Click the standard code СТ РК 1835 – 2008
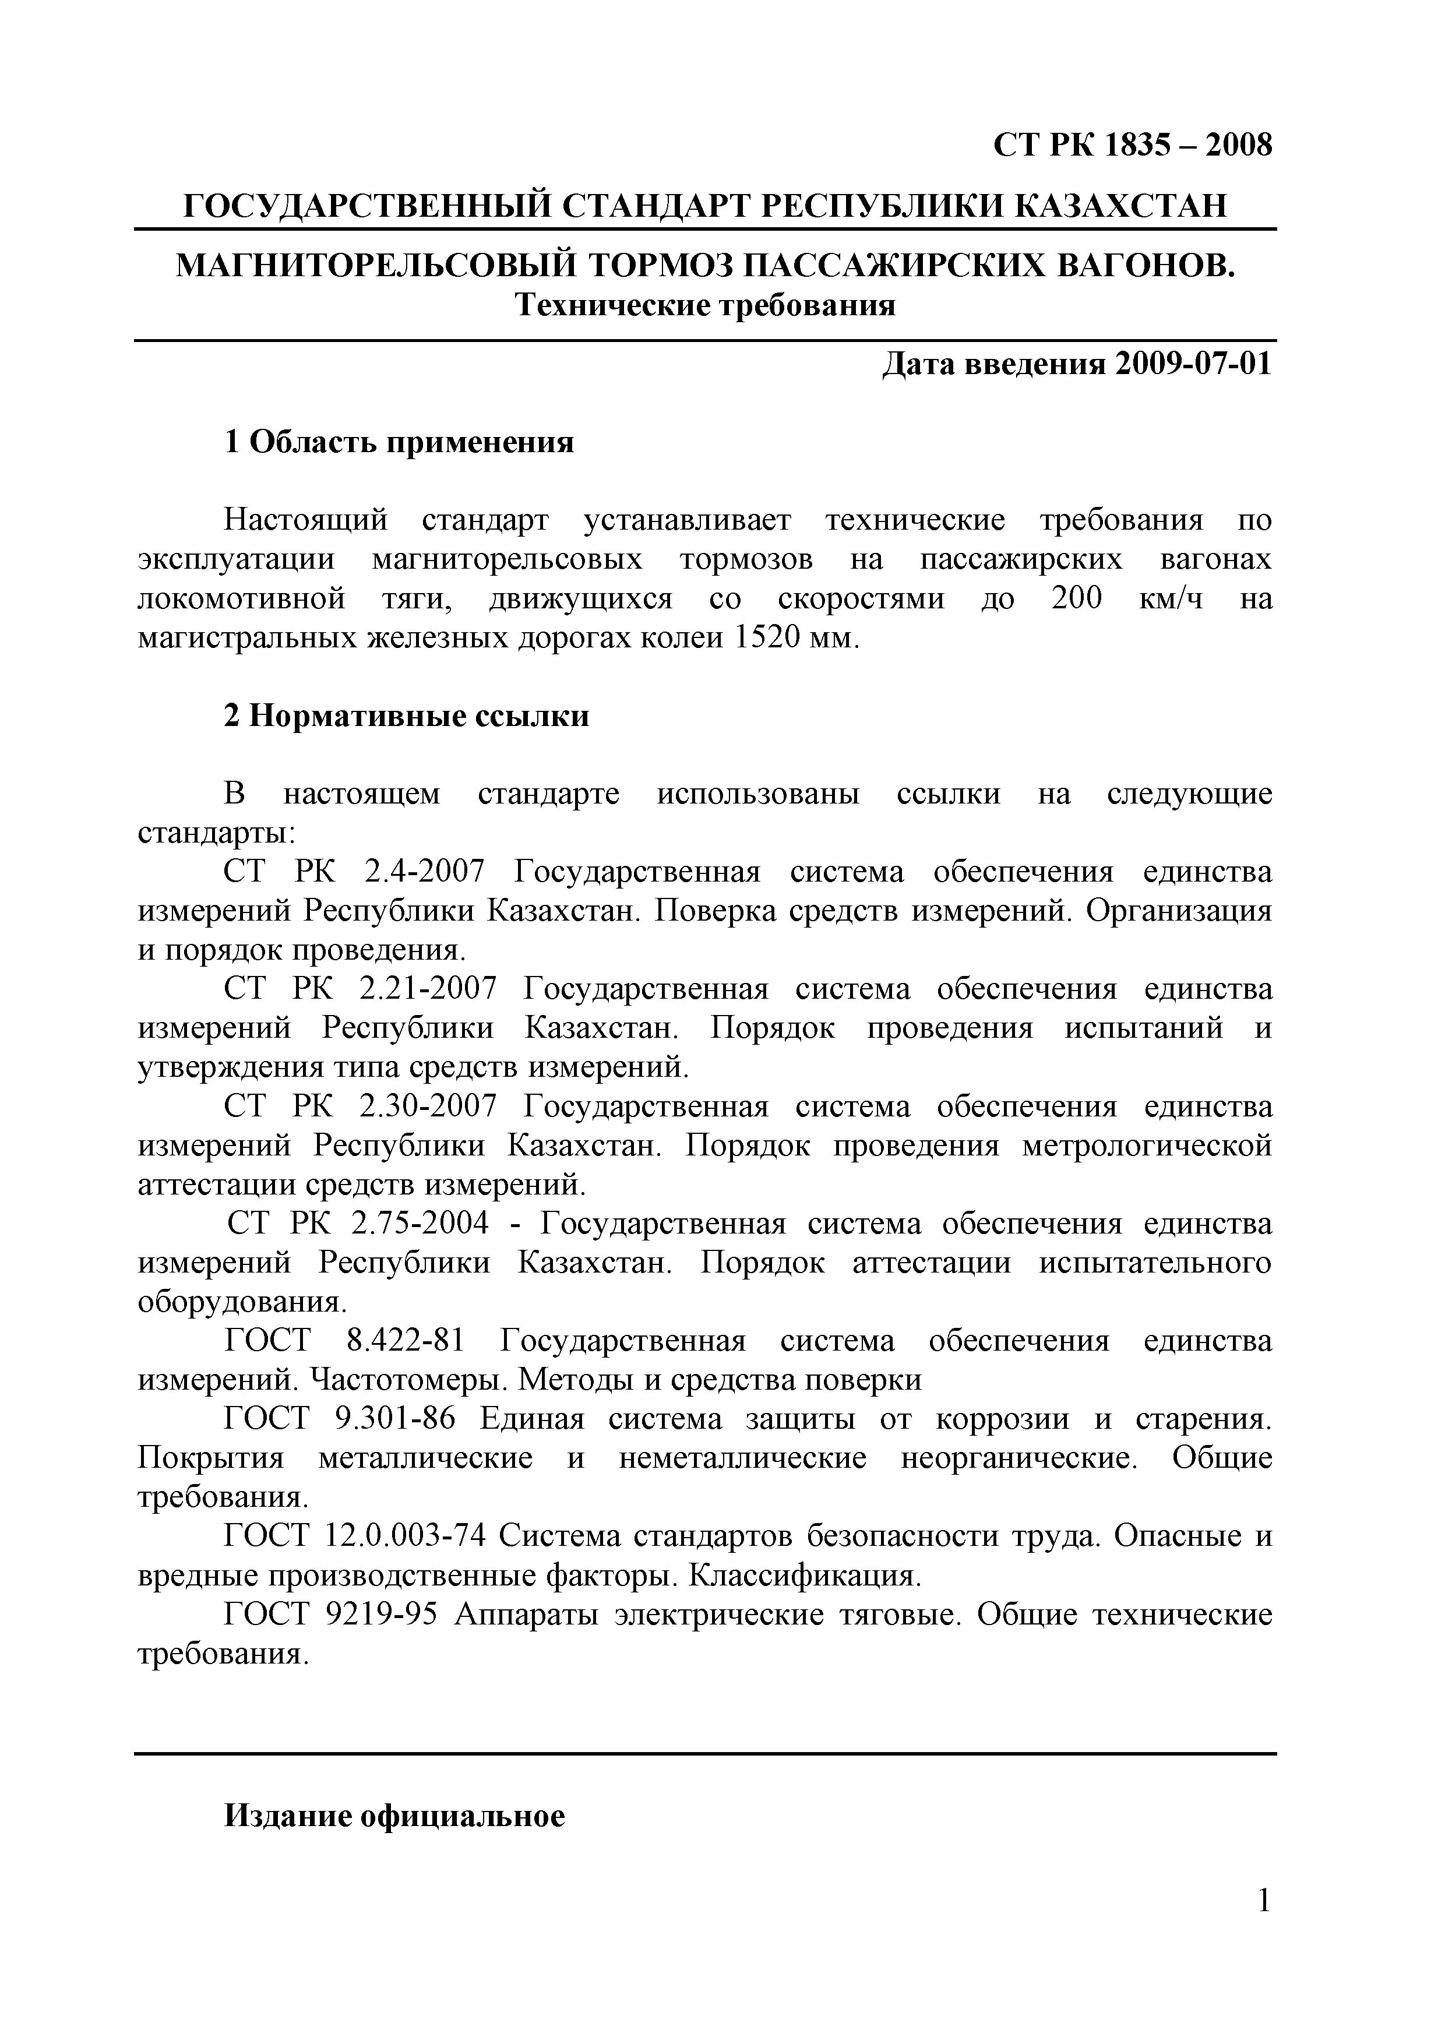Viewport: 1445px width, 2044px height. [x=1133, y=145]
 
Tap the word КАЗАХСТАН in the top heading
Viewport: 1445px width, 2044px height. [x=1120, y=206]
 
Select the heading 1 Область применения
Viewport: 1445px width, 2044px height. [x=399, y=442]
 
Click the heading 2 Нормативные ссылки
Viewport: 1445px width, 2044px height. [x=406, y=716]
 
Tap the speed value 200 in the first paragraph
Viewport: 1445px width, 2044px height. [x=1076, y=598]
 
